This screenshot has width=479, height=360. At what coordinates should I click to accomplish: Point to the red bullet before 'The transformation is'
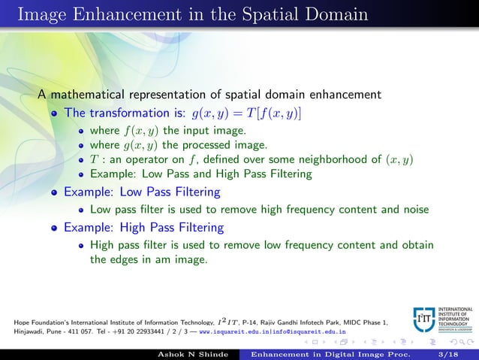(55, 114)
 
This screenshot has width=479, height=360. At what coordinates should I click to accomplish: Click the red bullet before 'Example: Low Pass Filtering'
(55, 192)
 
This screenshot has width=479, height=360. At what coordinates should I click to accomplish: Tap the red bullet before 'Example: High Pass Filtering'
(55, 227)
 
